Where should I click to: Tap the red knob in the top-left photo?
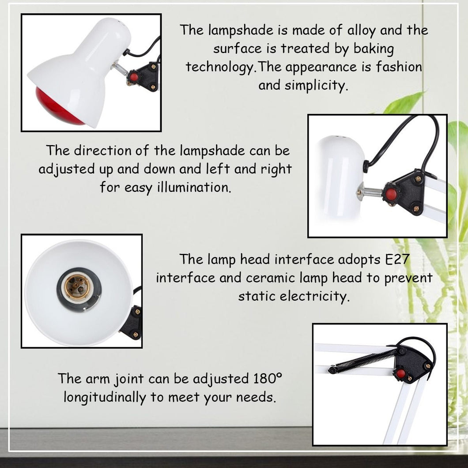click(134, 77)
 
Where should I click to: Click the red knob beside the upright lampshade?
click(391, 194)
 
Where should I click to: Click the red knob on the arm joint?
click(401, 374)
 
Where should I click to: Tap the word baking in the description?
click(374, 49)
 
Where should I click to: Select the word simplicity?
click(317, 86)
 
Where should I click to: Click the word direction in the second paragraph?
click(102, 151)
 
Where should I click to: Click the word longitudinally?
click(105, 397)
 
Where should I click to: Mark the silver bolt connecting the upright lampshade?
click(370, 191)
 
